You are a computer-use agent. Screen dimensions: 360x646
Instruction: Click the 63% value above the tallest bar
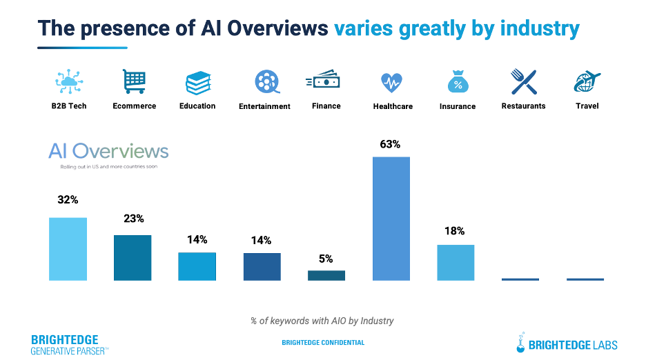pyautogui.click(x=390, y=145)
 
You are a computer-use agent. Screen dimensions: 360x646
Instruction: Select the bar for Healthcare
pyautogui.click(x=391, y=219)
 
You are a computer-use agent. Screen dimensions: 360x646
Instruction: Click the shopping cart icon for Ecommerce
pyautogui.click(x=134, y=81)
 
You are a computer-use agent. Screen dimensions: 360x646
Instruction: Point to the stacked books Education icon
pyautogui.click(x=197, y=83)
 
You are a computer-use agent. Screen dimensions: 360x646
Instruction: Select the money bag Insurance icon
pyautogui.click(x=457, y=82)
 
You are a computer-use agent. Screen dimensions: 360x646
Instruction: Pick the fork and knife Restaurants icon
pyautogui.click(x=523, y=82)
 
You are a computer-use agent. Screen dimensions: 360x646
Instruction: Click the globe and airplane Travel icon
pyautogui.click(x=587, y=82)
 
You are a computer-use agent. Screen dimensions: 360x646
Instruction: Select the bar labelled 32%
pyautogui.click(x=68, y=249)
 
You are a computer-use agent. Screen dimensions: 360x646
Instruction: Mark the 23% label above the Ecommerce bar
pyautogui.click(x=134, y=219)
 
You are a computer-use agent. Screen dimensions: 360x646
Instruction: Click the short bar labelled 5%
pyautogui.click(x=326, y=275)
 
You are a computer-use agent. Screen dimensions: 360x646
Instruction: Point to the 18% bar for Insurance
pyautogui.click(x=456, y=262)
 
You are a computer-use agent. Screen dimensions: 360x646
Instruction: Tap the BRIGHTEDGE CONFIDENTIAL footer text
pyautogui.click(x=323, y=343)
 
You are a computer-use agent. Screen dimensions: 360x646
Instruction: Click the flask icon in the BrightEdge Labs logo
pyautogui.click(x=522, y=342)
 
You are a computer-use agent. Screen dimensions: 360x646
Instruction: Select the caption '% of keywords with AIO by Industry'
pyautogui.click(x=322, y=321)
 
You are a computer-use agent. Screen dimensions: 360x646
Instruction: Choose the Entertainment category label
pyautogui.click(x=264, y=106)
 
